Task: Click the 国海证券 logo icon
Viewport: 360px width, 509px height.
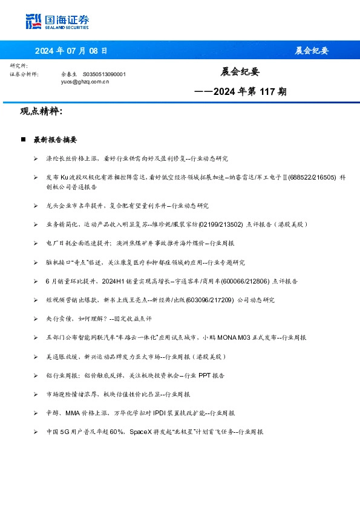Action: point(34,21)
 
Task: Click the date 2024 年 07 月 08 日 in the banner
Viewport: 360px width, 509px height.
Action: point(71,50)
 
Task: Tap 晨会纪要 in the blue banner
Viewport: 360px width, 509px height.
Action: point(311,50)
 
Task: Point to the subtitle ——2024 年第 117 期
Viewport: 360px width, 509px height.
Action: point(240,92)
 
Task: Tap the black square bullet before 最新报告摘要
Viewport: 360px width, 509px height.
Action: point(23,140)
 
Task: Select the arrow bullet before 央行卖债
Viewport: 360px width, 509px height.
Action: point(36,319)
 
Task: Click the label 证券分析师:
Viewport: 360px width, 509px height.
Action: point(24,74)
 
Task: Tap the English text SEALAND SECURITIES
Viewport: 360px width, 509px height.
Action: point(67,27)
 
